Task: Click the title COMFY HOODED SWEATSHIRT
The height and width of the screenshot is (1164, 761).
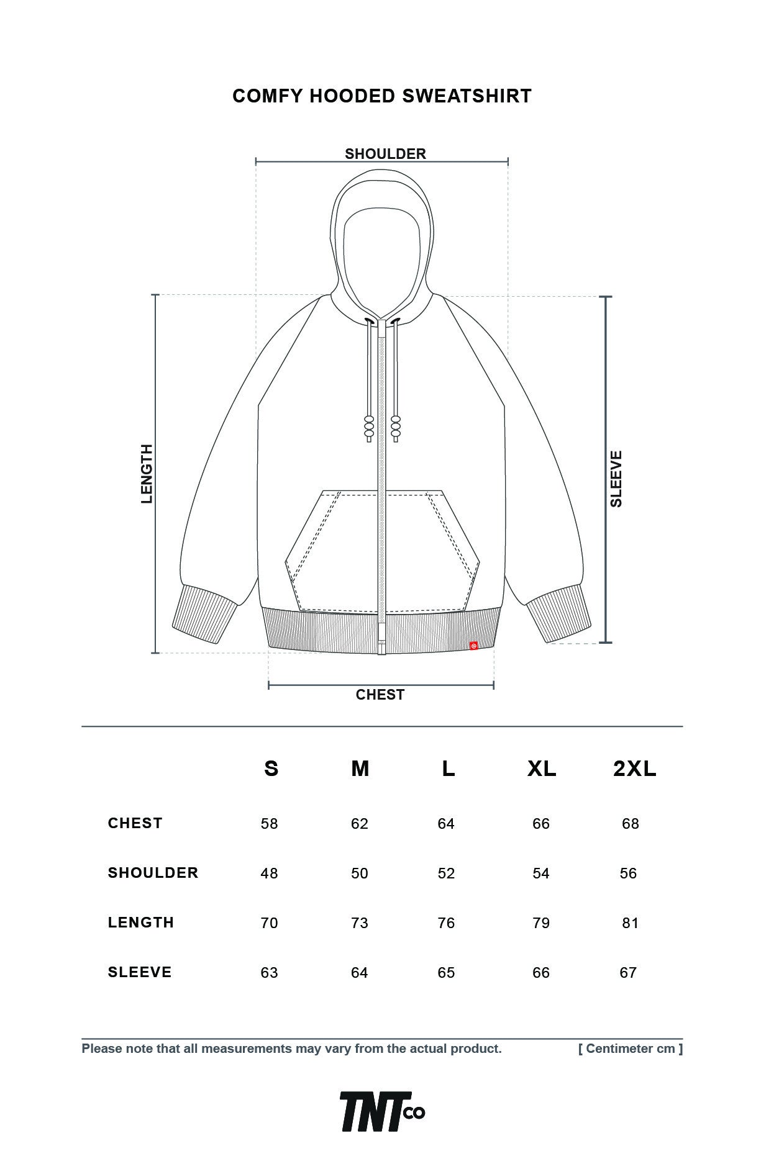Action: [x=381, y=96]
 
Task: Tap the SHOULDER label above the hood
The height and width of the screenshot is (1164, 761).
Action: [x=385, y=154]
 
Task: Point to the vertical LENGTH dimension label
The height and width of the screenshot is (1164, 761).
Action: [x=147, y=474]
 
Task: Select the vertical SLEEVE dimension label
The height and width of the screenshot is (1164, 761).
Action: [x=616, y=479]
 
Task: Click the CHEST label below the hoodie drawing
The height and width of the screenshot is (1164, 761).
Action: [x=380, y=695]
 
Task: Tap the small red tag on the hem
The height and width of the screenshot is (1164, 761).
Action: [x=473, y=646]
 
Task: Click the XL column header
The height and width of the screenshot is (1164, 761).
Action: [x=542, y=769]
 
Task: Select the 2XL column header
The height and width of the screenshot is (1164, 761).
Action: [x=634, y=769]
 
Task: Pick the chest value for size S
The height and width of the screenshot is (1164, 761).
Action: [x=269, y=824]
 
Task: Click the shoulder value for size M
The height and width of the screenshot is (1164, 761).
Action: [x=359, y=873]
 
